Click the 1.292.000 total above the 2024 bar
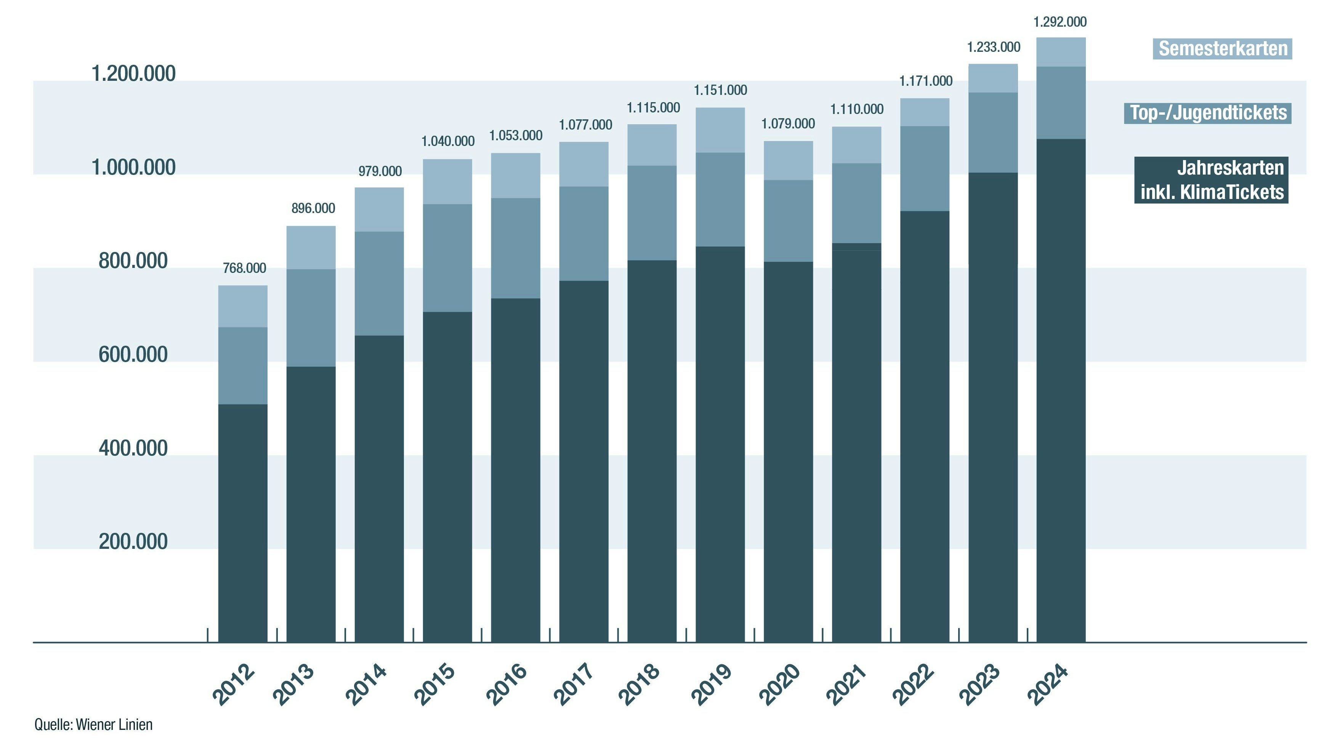1060,22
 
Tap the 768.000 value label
244,268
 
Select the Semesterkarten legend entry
1223,49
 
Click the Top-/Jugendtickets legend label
1208,112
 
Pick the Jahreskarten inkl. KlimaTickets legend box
1211,180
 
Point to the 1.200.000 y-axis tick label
133,74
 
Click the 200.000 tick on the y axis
133,541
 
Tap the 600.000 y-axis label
133,354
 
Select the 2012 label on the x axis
234,685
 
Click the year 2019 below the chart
712,685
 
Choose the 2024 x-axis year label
1048,685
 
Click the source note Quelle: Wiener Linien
93,725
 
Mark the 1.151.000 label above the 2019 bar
720,90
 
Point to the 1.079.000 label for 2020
788,124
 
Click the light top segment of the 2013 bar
311,247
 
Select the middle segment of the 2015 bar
447,258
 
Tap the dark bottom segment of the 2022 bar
924,426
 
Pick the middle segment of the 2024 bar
1061,103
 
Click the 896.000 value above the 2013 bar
313,208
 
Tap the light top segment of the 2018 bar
652,145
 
